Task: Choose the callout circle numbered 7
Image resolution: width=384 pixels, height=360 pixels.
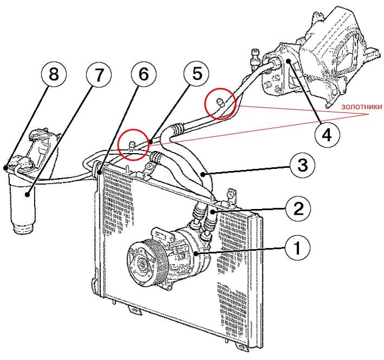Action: (98, 76)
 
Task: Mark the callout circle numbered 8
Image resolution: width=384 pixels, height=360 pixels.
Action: (54, 75)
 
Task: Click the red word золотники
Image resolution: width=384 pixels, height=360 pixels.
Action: (360, 106)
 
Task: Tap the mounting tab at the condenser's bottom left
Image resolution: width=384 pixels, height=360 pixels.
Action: (132, 310)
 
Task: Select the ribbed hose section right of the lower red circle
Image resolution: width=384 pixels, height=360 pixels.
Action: (157, 157)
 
